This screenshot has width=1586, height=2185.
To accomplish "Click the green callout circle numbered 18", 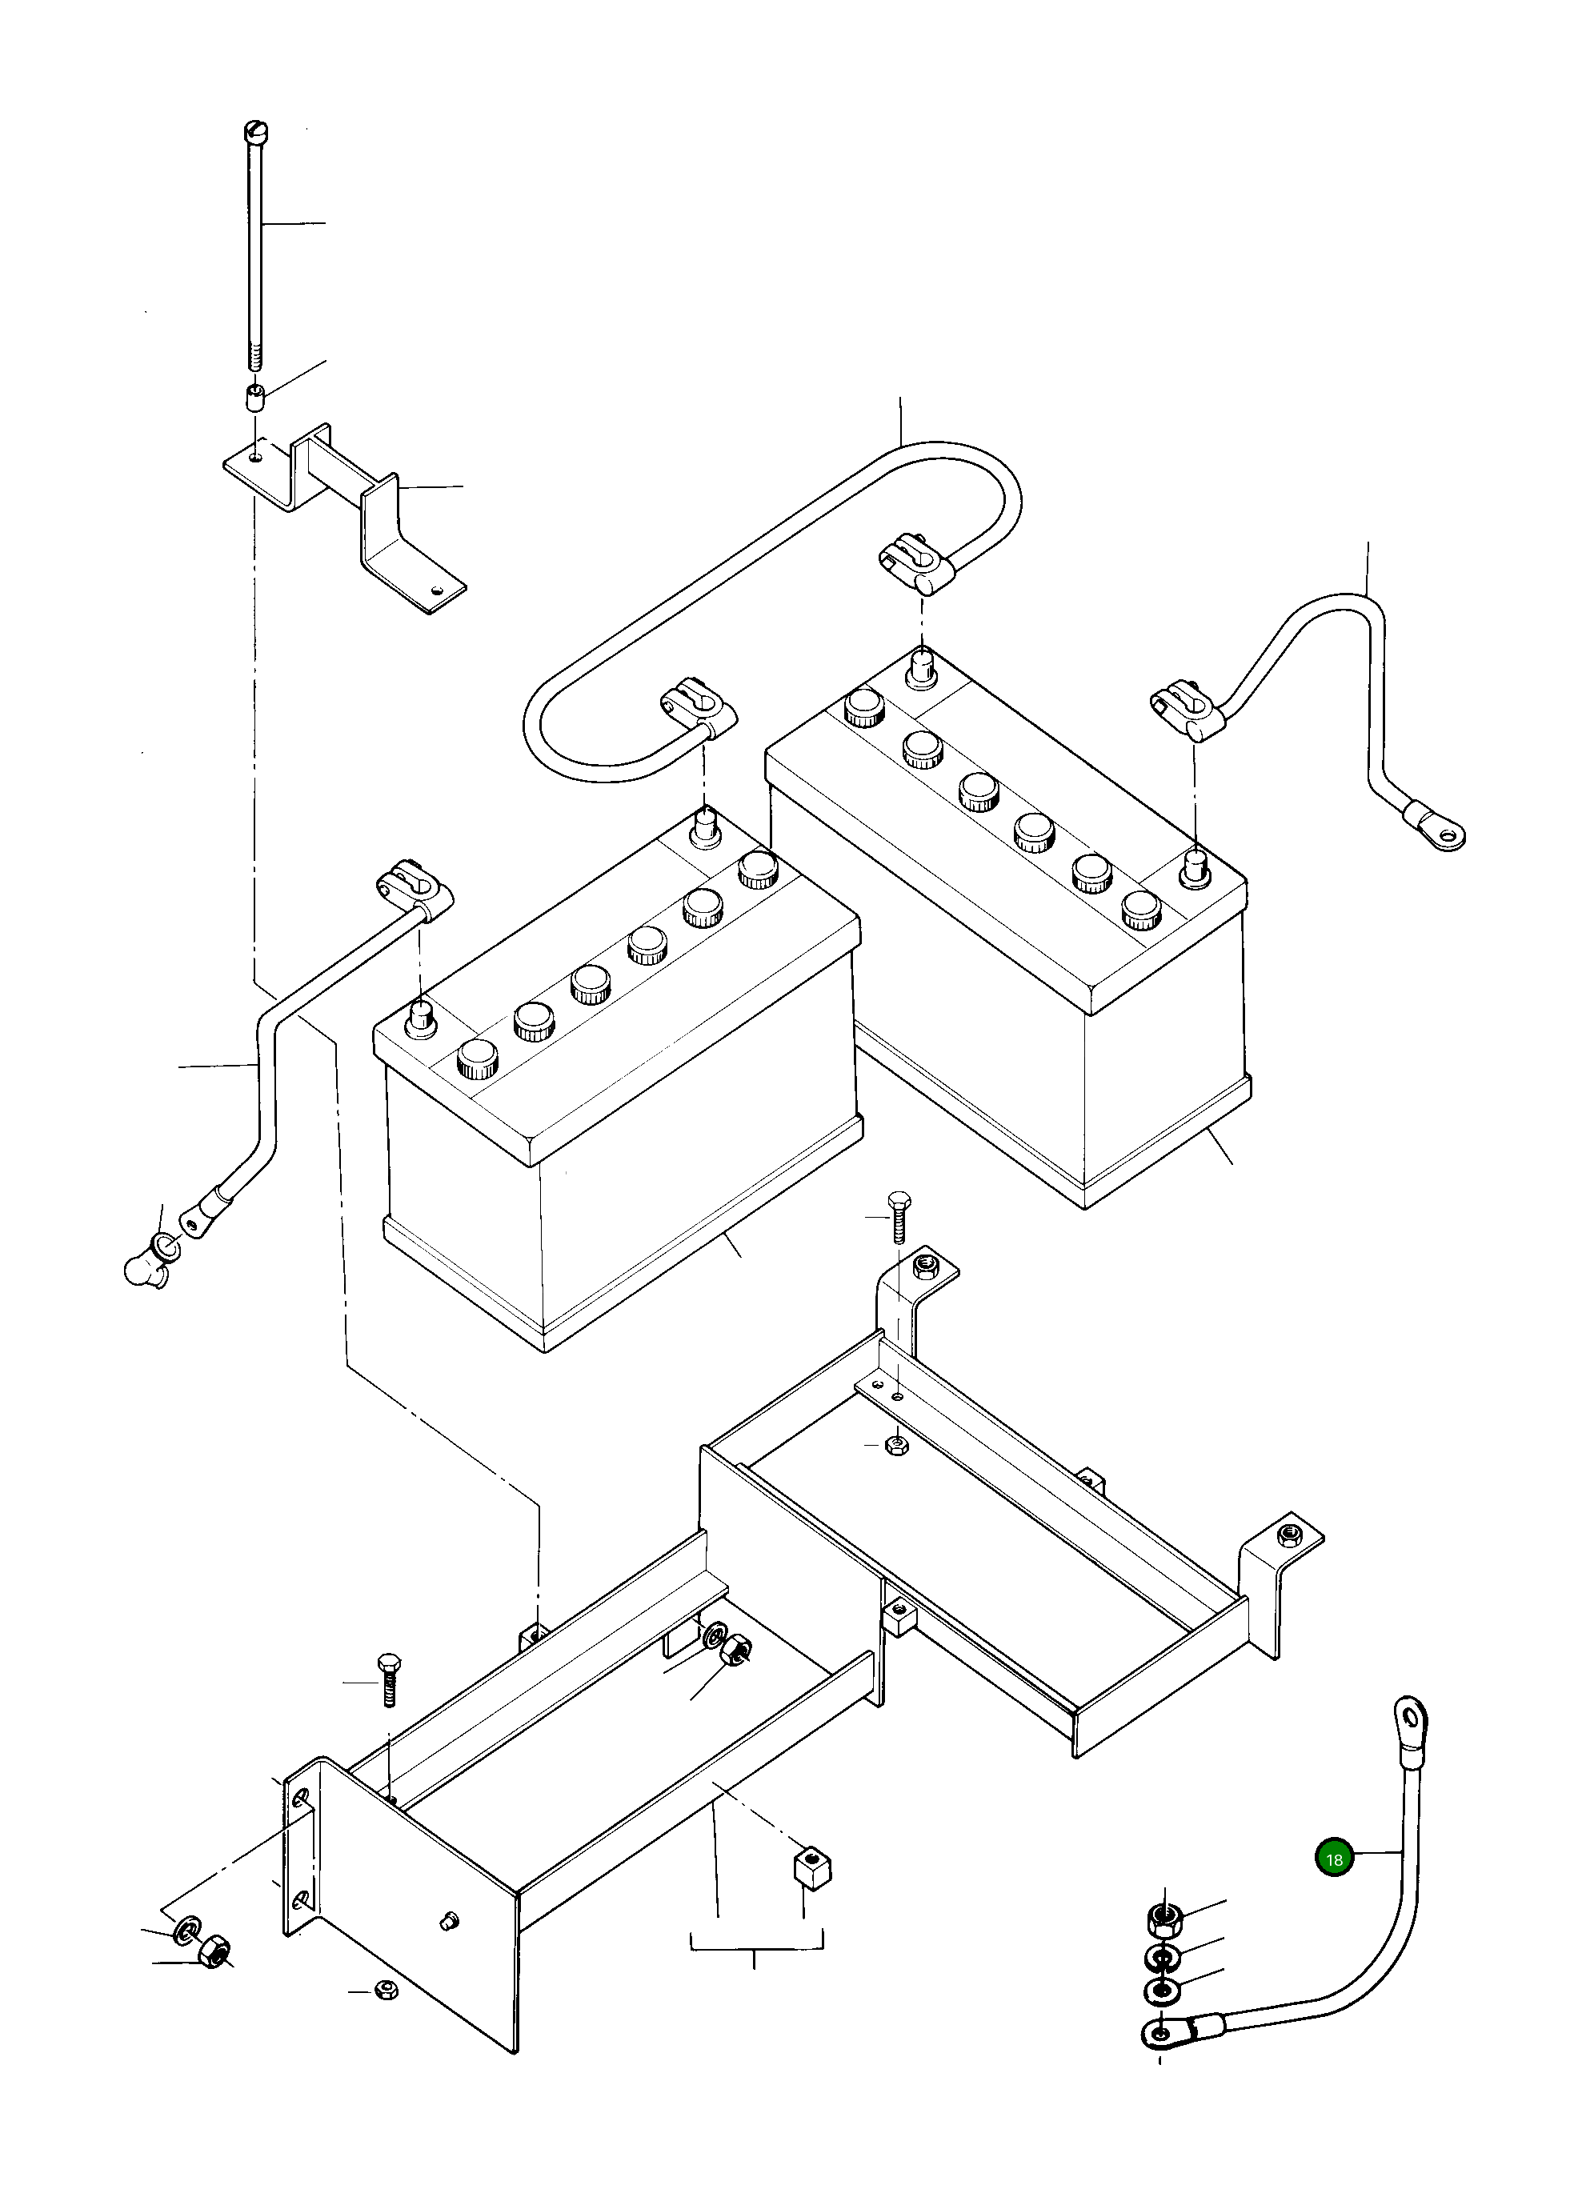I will pos(1334,1859).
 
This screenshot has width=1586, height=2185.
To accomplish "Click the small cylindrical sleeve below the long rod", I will pos(256,397).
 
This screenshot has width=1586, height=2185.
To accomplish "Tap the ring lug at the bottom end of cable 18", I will pos(1160,2061).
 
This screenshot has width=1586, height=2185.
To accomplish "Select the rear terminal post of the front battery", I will pos(705,826).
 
